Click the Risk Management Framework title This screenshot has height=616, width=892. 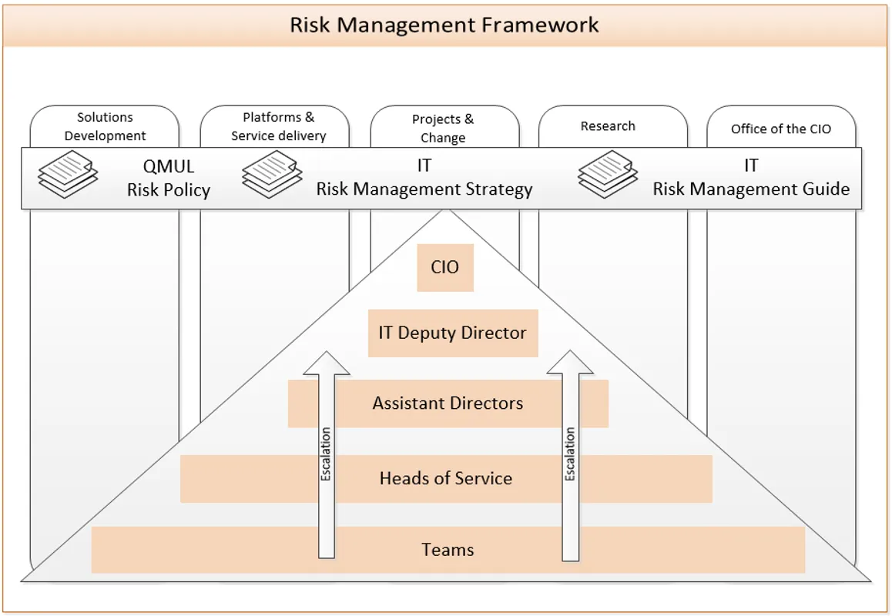(x=444, y=24)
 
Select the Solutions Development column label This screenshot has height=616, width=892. (x=105, y=126)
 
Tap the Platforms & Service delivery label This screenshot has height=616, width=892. (x=279, y=126)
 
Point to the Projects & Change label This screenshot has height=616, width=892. (x=443, y=129)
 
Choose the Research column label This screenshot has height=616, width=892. (x=608, y=126)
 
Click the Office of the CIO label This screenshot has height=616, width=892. (x=781, y=129)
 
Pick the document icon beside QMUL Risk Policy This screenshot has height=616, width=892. (x=68, y=174)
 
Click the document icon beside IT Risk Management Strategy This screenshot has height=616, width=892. (x=272, y=174)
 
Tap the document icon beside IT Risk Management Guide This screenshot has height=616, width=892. (x=608, y=174)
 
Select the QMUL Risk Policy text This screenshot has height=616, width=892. (x=169, y=179)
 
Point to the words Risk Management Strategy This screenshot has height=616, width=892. (x=424, y=189)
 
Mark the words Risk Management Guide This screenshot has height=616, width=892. (x=751, y=189)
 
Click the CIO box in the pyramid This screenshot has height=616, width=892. (x=445, y=268)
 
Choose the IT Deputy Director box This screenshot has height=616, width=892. (x=453, y=333)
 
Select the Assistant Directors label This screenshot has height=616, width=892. (x=448, y=403)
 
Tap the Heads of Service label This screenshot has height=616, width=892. (x=446, y=478)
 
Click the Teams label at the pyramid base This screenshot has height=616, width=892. (x=448, y=550)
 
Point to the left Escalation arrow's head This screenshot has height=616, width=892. (x=327, y=364)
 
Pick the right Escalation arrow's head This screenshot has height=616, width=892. (x=570, y=364)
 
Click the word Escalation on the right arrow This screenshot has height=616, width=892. (x=570, y=454)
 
